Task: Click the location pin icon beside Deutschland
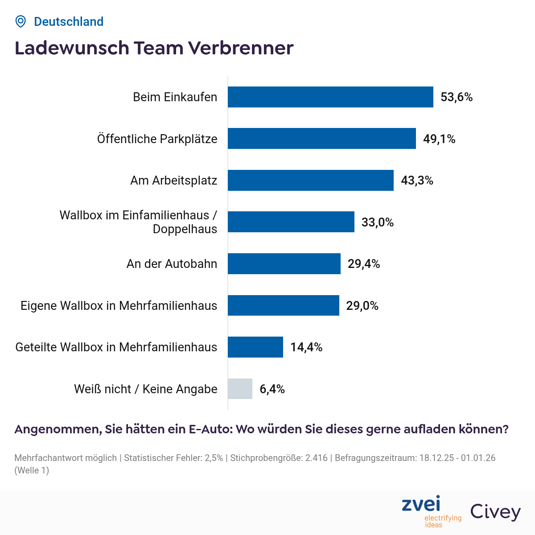[21, 21]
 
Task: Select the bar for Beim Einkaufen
[330, 97]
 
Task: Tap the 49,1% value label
[439, 139]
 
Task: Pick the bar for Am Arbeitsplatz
[311, 180]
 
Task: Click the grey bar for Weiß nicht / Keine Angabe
[240, 389]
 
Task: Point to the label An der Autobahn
[172, 264]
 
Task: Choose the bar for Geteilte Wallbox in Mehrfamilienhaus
[255, 347]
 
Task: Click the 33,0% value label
[377, 222]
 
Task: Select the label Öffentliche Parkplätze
[157, 139]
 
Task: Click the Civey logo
[495, 512]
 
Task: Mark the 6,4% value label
[272, 389]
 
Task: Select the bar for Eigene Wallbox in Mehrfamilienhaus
[284, 305]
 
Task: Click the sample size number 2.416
[316, 458]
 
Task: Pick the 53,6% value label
[457, 97]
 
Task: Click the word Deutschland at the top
[69, 21]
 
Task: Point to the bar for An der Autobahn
[284, 264]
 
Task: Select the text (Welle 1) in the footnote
[32, 470]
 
